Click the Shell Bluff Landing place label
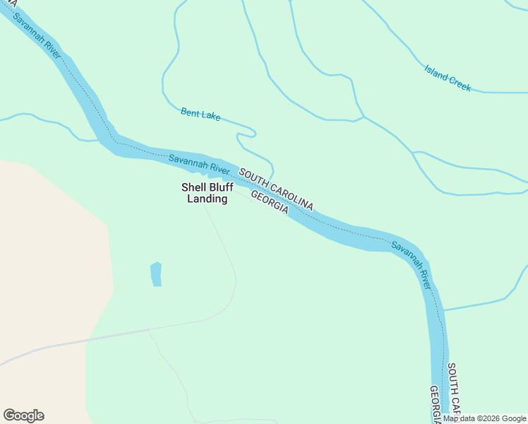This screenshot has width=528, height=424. tap(207, 193)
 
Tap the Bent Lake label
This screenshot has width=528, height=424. tap(200, 113)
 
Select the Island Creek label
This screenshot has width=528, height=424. tap(448, 78)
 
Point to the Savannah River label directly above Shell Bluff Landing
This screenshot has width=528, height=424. tap(199, 165)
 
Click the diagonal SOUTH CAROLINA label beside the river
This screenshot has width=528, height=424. tap(276, 189)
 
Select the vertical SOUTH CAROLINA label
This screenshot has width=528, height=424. tap(453, 390)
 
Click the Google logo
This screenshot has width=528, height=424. tap(23, 416)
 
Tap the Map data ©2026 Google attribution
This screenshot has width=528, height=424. tap(484, 418)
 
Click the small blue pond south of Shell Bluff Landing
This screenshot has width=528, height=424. tap(156, 274)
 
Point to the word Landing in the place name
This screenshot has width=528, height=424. tap(207, 199)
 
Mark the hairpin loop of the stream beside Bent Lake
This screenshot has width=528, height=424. tap(253, 132)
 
